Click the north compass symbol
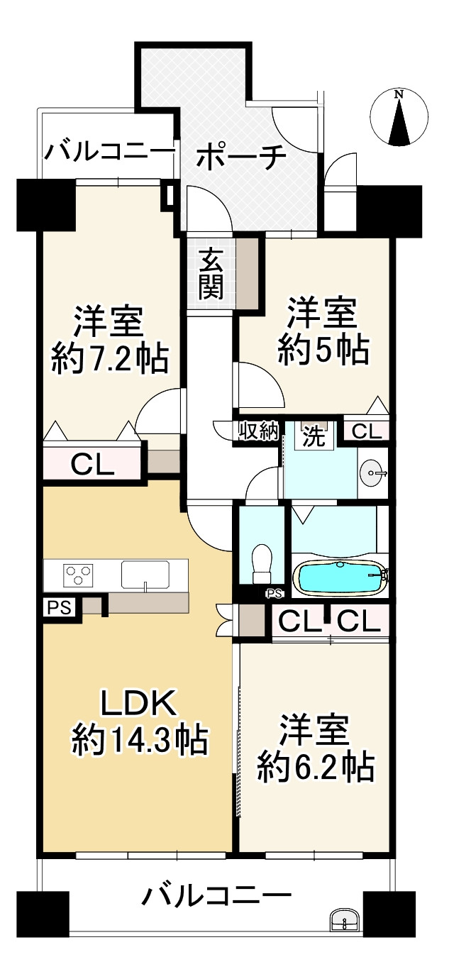coord(399,116)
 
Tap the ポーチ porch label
coord(242,157)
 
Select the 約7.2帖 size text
coord(110,358)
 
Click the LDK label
coord(138,703)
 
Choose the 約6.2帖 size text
coord(316,768)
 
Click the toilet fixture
coord(262,564)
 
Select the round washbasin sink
coord(372,473)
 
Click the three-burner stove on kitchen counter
coord(79,573)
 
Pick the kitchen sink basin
coord(145,573)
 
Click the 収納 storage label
coord(258,432)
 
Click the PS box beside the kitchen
coord(60,608)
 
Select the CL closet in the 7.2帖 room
coord(93,465)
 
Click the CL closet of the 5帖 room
coord(367,431)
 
